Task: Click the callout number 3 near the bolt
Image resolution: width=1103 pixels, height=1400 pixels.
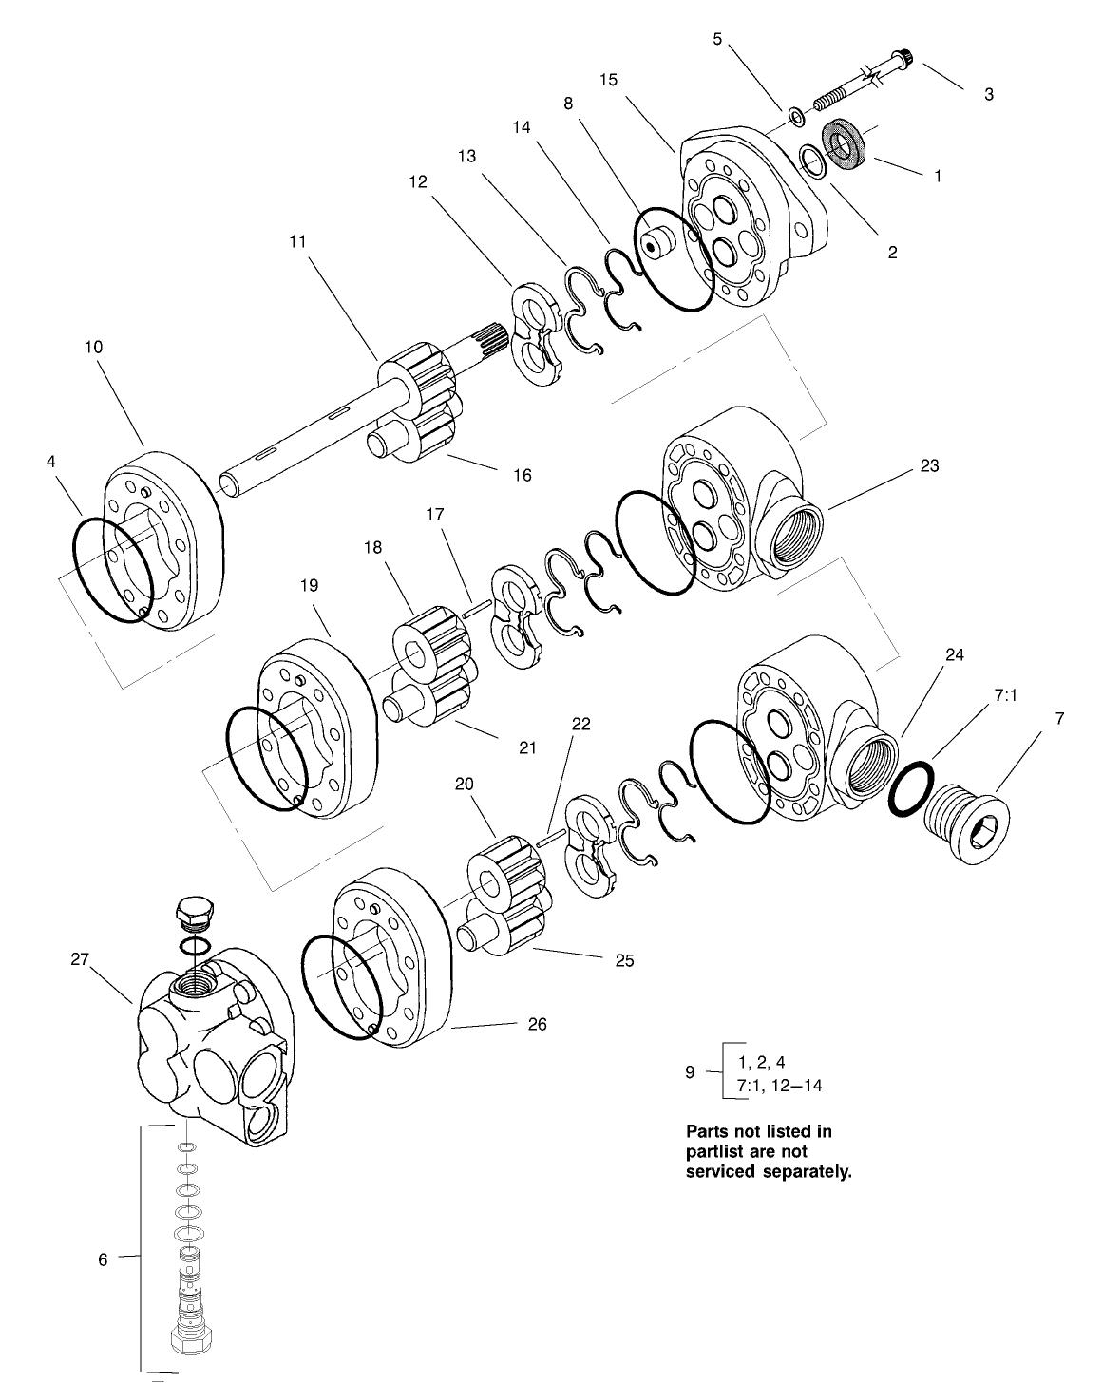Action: coord(989,95)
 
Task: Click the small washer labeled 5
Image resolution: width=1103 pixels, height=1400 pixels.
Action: coord(797,118)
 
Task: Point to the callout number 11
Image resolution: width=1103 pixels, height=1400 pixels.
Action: coord(298,241)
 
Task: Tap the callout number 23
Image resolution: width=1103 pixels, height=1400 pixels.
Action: coord(929,465)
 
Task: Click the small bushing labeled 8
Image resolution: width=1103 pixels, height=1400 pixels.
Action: coord(655,241)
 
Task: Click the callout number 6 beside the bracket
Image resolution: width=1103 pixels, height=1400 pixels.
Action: coord(103,1259)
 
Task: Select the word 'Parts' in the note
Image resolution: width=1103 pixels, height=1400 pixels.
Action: coord(708,1131)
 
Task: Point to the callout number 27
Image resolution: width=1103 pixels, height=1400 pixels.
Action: coord(79,959)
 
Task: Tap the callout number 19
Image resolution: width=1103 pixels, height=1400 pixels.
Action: coord(310,587)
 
